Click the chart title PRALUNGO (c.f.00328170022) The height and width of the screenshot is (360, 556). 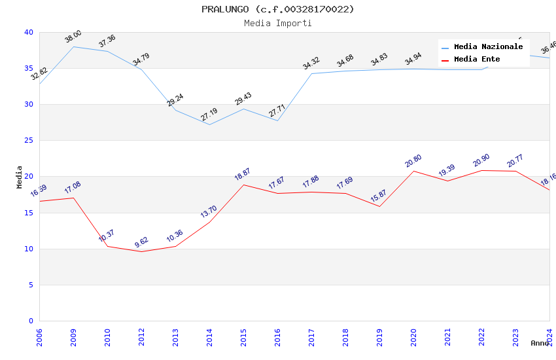[x=277, y=9]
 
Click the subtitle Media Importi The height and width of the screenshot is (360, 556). [x=277, y=24]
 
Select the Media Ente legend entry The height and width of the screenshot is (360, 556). [x=477, y=60]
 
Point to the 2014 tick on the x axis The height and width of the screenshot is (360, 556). [x=209, y=338]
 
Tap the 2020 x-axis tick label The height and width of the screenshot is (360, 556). [x=413, y=338]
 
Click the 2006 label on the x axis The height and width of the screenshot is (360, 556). [x=39, y=338]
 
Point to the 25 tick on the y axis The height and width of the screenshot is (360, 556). [x=29, y=141]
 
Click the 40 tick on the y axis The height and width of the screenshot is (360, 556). [x=29, y=33]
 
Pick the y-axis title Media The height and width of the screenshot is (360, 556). [x=19, y=177]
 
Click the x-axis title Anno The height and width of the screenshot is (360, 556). [x=540, y=343]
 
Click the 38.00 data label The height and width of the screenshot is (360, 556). [x=73, y=37]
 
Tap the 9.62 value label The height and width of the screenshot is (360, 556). [x=141, y=242]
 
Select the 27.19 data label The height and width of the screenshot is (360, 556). [x=209, y=115]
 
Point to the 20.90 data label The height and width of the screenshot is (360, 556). [x=481, y=160]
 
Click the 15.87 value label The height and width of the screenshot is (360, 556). [x=379, y=196]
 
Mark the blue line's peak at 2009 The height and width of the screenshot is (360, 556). [x=73, y=46]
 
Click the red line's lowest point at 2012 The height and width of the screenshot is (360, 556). [x=141, y=251]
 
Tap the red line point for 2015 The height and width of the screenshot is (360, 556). [x=243, y=185]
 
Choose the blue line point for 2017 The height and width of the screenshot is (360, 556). [x=311, y=73]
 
